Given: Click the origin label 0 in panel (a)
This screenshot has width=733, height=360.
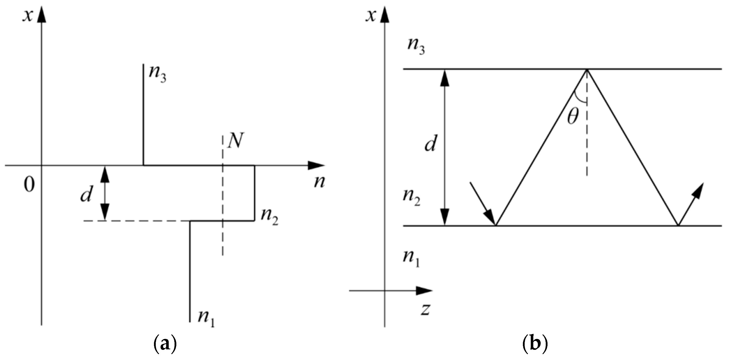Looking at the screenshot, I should click(x=29, y=185).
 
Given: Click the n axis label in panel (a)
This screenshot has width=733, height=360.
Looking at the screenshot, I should click(x=319, y=182).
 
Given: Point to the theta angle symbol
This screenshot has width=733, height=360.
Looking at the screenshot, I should click(x=573, y=117).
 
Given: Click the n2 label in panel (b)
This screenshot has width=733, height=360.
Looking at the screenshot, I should click(x=411, y=197).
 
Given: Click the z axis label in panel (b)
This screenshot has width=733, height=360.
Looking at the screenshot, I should click(x=425, y=310).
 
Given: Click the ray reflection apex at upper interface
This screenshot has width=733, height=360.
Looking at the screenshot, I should click(x=586, y=69).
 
